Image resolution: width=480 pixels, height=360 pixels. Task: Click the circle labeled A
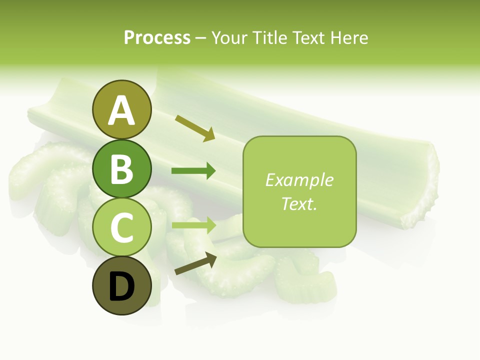coord(121,109)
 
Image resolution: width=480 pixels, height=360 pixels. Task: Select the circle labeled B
coord(121,168)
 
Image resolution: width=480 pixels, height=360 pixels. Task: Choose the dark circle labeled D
coord(121,285)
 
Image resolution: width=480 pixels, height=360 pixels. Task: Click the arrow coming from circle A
coord(195,128)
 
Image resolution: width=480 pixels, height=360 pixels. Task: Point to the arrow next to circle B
coord(193,171)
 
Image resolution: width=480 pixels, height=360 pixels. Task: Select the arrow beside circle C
coord(193,225)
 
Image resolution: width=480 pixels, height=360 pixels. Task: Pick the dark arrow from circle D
coord(195,264)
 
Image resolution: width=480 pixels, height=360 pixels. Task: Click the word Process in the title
coord(157,37)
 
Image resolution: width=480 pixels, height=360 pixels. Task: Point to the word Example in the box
coord(299,180)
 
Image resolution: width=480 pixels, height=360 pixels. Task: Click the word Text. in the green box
coord(299,203)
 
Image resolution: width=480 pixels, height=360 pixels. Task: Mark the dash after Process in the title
coord(201,38)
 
